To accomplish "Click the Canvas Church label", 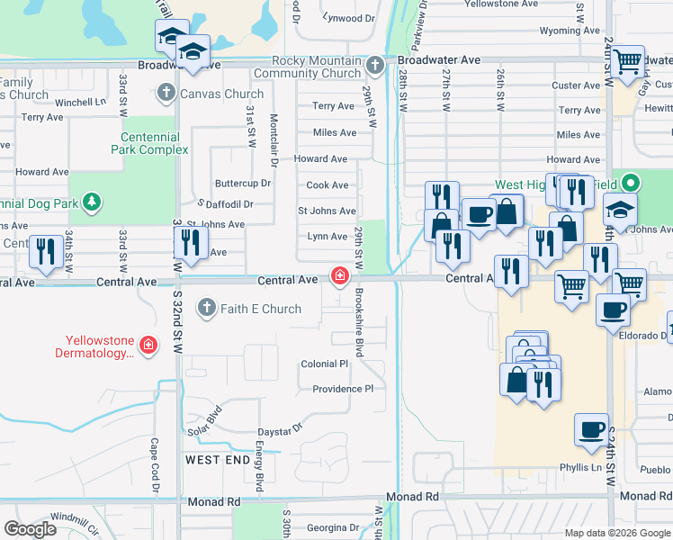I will pos(221,93).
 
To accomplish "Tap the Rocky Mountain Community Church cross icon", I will pos(376,66).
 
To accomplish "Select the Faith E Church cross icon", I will pos(206,309).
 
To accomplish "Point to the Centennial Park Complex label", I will pos(150,143).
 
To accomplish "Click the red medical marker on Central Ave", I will pos(340,276).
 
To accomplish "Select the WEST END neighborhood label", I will pos(217,460).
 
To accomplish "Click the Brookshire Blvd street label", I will pos(358,322).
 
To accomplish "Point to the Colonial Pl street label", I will pos(324,364).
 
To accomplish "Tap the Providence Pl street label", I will pos(342,389).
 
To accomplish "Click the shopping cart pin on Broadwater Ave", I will pos(628,60).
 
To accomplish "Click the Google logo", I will pos(30,529).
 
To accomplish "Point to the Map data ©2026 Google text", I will pos(616,533).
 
